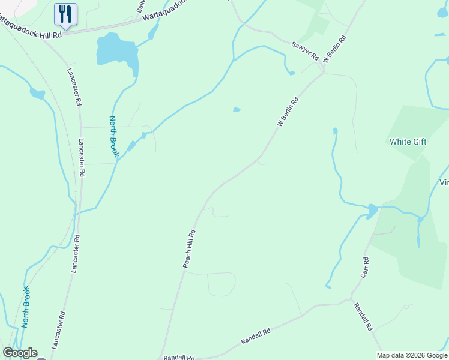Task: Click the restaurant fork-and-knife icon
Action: [x=65, y=13]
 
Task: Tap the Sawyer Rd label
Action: [x=304, y=50]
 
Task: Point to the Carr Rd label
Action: [x=365, y=268]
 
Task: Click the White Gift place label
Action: [x=408, y=142]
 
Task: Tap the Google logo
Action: [x=20, y=353]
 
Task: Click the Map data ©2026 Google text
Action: [x=412, y=355]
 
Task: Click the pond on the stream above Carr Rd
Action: [x=372, y=210]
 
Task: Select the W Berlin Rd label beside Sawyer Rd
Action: [x=335, y=50]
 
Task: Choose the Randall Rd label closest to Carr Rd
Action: [x=364, y=317]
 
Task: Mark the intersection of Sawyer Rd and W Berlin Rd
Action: [x=324, y=72]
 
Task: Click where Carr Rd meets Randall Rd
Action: [x=351, y=299]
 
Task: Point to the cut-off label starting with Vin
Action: [x=444, y=183]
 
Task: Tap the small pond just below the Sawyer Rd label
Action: [x=292, y=73]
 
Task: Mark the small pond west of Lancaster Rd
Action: [x=37, y=94]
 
